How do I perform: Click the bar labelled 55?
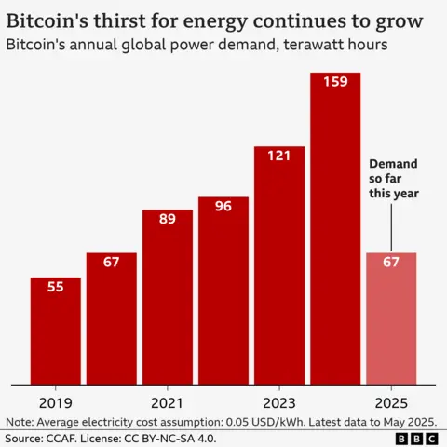tap(55, 331)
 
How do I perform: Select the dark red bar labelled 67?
tap(111, 318)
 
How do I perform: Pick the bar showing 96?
tap(223, 290)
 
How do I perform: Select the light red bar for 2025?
tap(390, 318)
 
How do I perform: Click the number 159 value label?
tap(334, 82)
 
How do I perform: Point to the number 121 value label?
tap(278, 156)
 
